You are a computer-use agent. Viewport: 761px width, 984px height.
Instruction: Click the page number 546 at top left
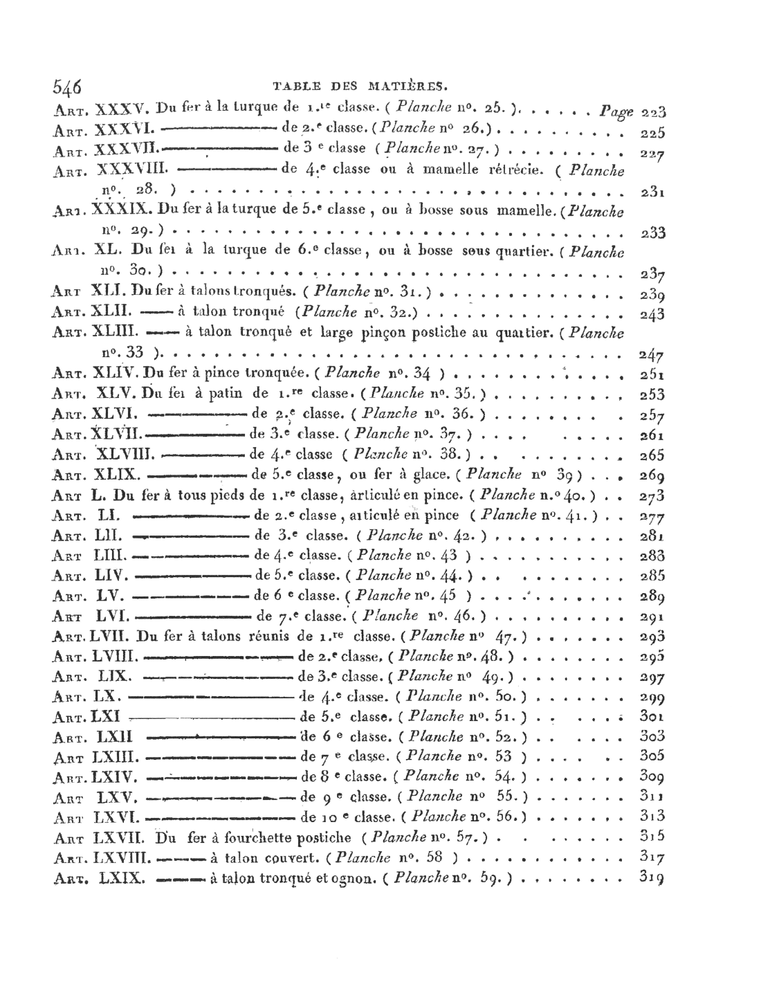67,87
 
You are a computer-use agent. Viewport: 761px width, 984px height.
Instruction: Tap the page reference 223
653,111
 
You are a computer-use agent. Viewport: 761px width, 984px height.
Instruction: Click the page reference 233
652,233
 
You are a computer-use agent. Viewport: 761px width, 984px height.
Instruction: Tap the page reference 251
652,375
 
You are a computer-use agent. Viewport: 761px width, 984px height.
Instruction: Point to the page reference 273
652,495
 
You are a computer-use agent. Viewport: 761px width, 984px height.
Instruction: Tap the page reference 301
652,716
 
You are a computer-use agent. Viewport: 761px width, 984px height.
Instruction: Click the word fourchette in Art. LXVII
251,837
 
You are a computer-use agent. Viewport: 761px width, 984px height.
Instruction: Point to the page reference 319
652,878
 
